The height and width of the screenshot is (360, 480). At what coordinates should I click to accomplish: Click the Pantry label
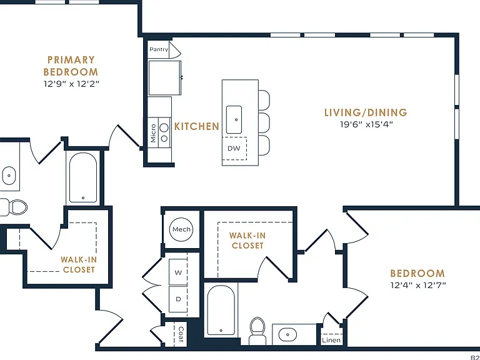click(159, 49)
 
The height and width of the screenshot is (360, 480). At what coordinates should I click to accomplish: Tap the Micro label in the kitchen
click(153, 133)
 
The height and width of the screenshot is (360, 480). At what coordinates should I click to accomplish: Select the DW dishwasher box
click(234, 149)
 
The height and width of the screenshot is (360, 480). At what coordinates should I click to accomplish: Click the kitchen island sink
click(234, 120)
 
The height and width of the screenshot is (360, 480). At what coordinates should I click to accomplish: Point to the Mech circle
click(181, 229)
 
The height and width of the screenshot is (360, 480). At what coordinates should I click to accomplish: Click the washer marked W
click(178, 272)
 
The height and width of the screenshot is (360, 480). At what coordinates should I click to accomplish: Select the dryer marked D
click(178, 299)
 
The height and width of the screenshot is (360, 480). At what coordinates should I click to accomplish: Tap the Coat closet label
click(181, 334)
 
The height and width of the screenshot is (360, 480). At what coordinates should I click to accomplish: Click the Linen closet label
click(331, 340)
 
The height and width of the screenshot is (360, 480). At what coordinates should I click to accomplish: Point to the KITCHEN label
click(197, 126)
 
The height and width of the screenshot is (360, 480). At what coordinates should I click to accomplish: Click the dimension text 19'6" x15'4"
click(366, 124)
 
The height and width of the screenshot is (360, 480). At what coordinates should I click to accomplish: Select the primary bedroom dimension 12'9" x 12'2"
click(71, 84)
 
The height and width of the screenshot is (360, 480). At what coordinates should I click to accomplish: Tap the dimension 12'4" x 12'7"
click(418, 285)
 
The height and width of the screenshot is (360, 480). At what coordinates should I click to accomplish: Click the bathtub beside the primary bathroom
click(83, 178)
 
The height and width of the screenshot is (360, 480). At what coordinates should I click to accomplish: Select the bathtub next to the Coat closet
click(221, 311)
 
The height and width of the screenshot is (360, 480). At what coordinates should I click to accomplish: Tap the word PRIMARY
click(71, 60)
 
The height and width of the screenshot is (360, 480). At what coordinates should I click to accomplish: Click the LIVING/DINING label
click(366, 112)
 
